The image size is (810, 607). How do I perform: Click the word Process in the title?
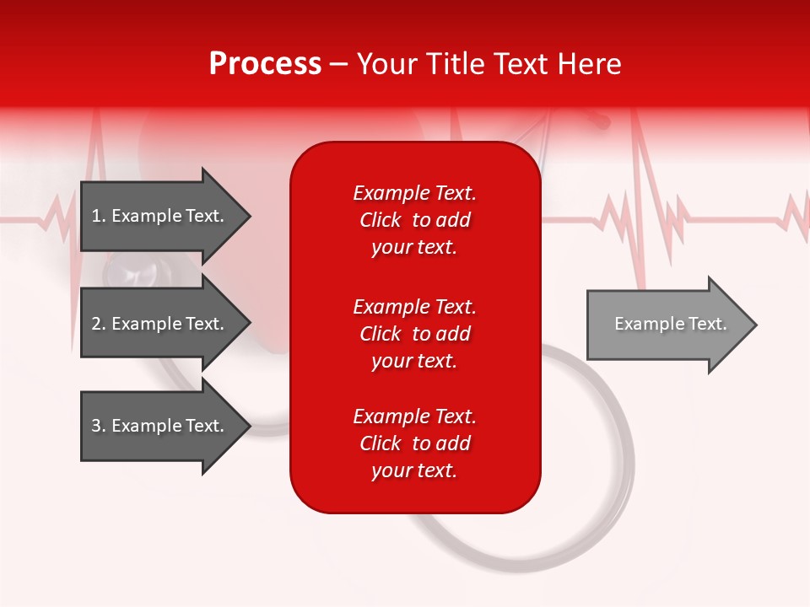point(265,64)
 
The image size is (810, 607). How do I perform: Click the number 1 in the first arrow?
point(96,216)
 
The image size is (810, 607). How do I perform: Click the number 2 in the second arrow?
point(96,324)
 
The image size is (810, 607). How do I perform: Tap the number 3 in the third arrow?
point(96,426)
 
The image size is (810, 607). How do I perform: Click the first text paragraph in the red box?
point(414,220)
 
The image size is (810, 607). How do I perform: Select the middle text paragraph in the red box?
point(414,334)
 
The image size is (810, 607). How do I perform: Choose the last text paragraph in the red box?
point(414,443)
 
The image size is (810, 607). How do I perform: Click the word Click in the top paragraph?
point(381,221)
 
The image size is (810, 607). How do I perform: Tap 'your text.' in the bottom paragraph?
point(414,470)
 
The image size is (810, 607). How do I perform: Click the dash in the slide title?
point(338,65)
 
